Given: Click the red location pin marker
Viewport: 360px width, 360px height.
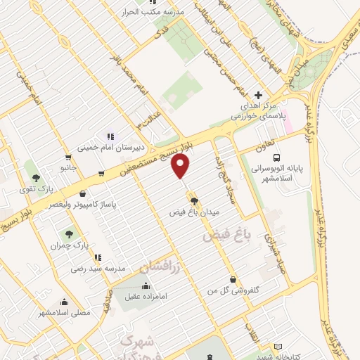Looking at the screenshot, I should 181,167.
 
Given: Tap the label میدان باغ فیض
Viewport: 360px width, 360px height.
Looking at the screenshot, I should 195,211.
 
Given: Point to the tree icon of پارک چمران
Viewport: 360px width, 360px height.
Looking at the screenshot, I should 69,233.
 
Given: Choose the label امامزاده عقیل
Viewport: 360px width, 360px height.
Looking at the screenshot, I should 146,297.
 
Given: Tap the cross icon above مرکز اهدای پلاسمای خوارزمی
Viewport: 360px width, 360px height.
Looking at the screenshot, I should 258,95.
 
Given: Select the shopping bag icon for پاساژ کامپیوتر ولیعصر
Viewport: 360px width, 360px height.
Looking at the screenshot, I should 84,193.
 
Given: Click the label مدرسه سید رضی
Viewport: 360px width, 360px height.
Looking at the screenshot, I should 98,269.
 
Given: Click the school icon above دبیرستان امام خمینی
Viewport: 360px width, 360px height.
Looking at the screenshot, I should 110,136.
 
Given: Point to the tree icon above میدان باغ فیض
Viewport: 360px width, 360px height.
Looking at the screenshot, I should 195,200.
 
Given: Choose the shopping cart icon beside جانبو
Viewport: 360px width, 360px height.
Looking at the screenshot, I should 68,157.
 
